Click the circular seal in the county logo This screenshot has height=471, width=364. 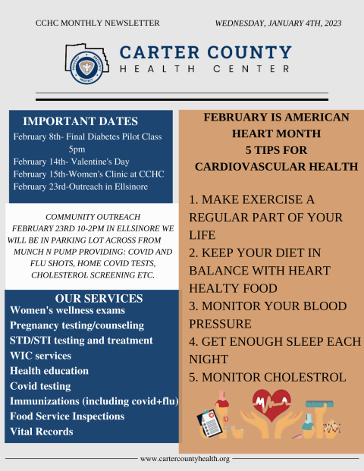coord(86,68)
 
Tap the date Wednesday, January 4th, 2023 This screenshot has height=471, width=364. coord(278,24)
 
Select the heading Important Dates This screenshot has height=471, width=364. coord(80,121)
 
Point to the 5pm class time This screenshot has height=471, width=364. coord(77,149)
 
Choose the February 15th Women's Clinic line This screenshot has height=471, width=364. coord(89,174)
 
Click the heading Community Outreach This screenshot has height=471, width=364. coord(93,217)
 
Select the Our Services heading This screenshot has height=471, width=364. coord(99,299)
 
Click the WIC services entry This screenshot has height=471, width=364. coord(40,356)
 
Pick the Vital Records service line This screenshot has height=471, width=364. coord(42,432)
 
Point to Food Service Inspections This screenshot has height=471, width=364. coord(67,416)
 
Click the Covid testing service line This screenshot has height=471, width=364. coord(40,386)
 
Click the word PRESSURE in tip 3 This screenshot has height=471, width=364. coord(220,324)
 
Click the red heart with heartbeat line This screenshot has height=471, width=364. coord(271,405)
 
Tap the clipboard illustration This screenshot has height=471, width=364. coord(209,424)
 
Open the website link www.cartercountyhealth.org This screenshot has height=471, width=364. coord(185,459)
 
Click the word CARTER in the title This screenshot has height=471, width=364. coord(159,52)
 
